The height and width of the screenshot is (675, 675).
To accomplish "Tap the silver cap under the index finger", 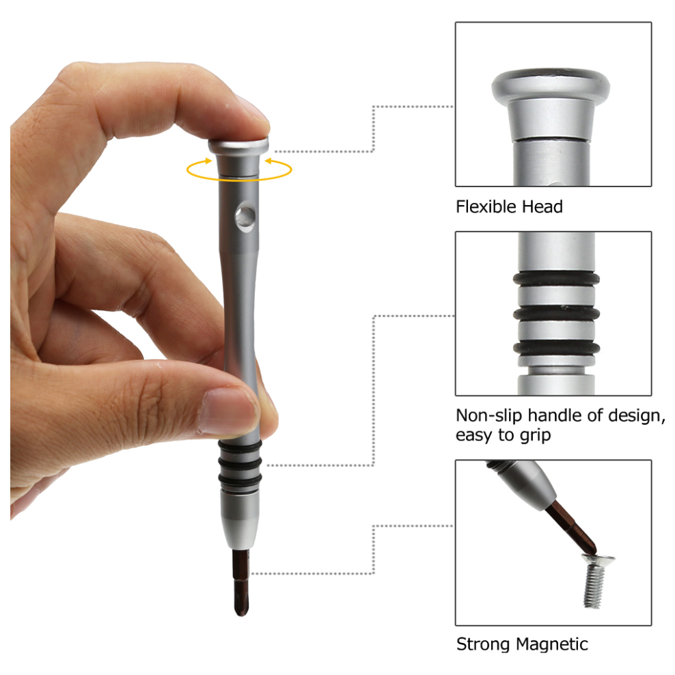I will tap(238, 146).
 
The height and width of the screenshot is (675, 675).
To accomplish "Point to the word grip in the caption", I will tap(535, 435).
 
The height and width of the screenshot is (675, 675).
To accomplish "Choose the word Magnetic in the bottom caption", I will tap(552, 644).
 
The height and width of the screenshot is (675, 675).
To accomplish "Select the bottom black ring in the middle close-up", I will tap(557, 348).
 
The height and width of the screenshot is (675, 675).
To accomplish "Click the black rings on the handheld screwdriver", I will tap(239, 465).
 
